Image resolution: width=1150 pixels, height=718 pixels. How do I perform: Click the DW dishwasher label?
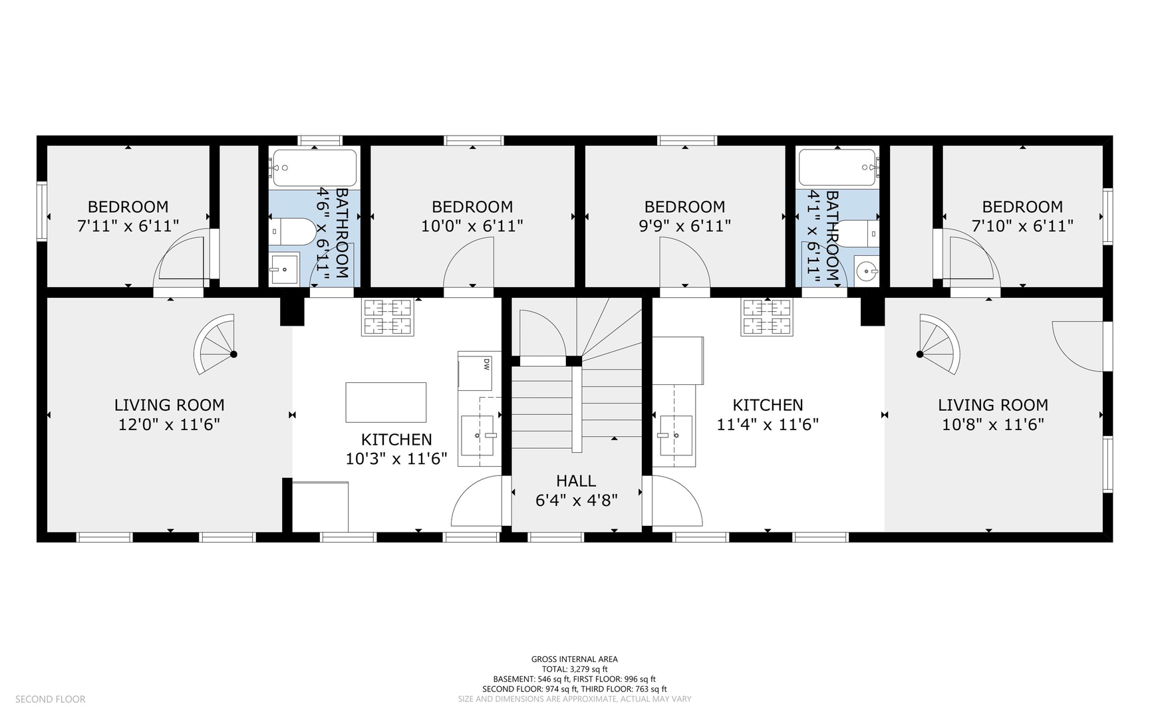pos(486,364)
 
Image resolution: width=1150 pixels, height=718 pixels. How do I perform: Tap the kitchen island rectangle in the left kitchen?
pos(386,402)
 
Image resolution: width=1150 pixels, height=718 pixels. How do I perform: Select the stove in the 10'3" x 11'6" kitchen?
pos(387,316)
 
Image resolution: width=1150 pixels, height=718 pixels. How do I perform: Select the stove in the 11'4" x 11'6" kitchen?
pos(768,316)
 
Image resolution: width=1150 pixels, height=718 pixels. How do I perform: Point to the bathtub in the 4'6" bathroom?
pos(315,168)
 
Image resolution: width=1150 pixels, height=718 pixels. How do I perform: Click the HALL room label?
pos(576,481)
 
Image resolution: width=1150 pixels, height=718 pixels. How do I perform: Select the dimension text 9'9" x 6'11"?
pos(684,226)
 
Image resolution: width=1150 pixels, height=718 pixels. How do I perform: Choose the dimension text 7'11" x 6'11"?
pos(128,226)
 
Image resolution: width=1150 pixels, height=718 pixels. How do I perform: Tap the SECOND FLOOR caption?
pos(51,699)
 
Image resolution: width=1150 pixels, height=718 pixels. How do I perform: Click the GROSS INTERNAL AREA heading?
pos(575,659)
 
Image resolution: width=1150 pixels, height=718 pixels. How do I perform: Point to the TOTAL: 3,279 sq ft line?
pos(575,669)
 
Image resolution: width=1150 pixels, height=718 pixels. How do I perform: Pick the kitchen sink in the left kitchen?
pos(479,435)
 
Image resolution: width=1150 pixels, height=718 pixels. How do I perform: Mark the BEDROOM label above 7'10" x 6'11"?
pos(1022,207)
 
